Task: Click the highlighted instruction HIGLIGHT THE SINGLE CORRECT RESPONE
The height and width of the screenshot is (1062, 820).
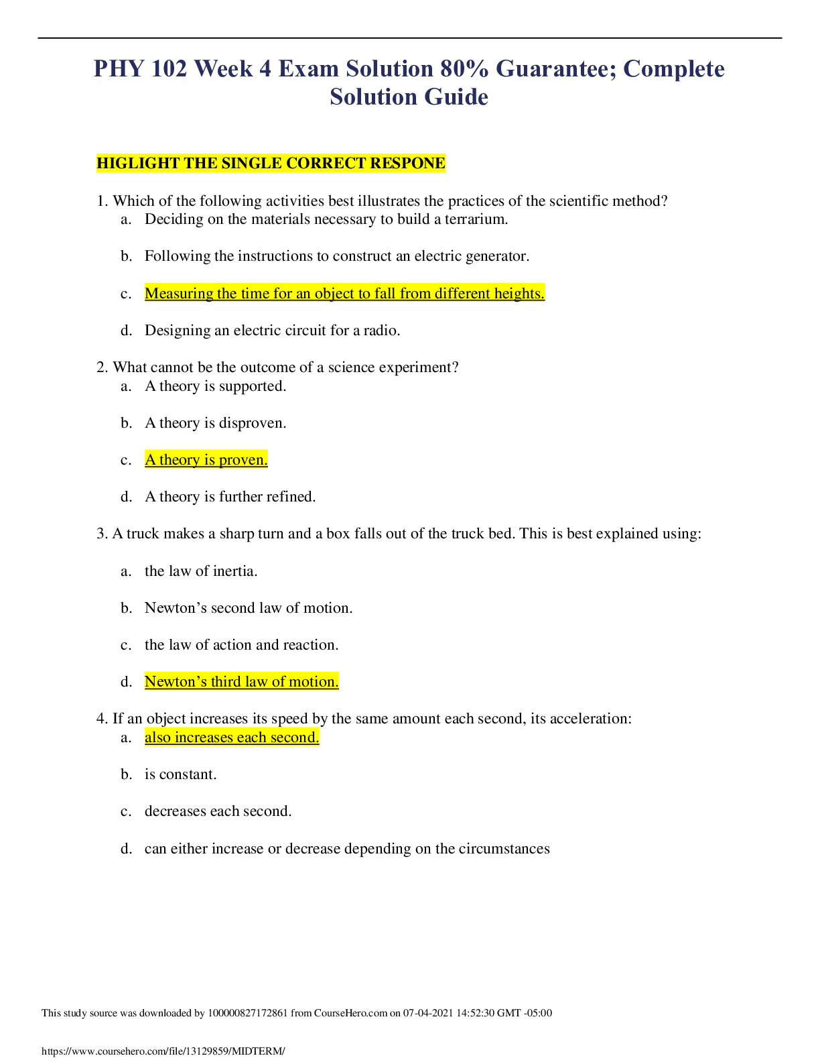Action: [271, 164]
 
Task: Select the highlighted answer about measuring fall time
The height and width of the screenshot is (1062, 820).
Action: [344, 294]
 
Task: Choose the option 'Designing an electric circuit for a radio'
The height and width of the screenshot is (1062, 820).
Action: [272, 331]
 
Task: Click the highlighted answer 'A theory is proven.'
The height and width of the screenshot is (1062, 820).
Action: [206, 460]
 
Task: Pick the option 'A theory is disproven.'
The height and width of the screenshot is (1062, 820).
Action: [215, 423]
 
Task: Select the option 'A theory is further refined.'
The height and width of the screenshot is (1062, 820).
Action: [230, 497]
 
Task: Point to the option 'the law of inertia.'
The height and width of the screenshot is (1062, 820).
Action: [201, 571]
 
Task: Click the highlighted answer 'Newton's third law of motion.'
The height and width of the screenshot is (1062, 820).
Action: [241, 682]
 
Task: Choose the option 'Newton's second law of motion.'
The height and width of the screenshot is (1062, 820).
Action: [249, 608]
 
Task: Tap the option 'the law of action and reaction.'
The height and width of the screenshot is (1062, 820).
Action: [241, 645]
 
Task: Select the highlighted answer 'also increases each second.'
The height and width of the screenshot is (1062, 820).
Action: [232, 737]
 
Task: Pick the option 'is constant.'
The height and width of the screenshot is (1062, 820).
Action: [180, 774]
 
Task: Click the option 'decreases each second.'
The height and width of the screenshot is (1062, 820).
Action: [218, 811]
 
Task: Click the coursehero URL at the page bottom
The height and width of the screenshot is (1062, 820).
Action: [163, 1051]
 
